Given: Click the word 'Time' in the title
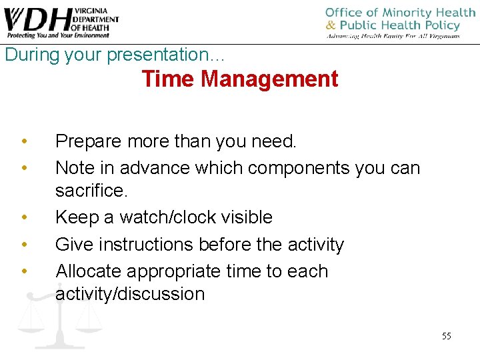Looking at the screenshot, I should tap(168, 79).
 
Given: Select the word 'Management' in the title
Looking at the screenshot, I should tap(269, 79).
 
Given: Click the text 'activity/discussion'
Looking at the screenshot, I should tap(130, 294).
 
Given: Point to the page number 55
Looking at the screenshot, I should tap(446, 336).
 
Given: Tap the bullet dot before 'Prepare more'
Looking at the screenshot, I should tap(24, 141).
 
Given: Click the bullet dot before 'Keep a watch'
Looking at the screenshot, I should tap(24, 217).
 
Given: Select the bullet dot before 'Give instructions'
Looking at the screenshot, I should tap(24, 245).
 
